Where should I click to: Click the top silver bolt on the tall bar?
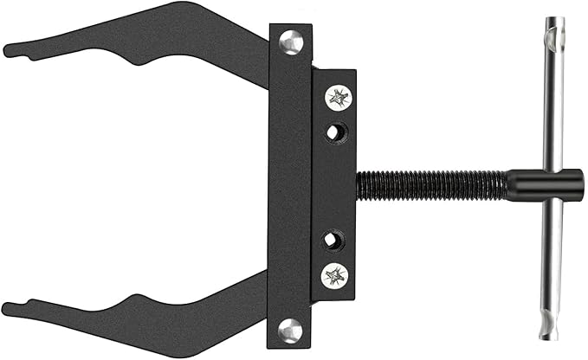pyautogui.click(x=290, y=40)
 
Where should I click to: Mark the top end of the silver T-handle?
pyautogui.click(x=552, y=21)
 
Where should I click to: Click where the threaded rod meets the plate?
pyautogui.click(x=358, y=185)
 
